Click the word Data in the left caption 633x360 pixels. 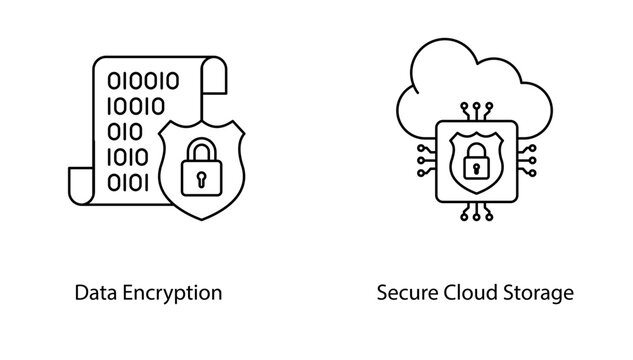pyautogui.click(x=95, y=293)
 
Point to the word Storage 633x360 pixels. pyautogui.click(x=539, y=294)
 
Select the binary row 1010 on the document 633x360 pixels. pyautogui.click(x=127, y=157)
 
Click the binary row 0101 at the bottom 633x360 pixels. pyautogui.click(x=127, y=182)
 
